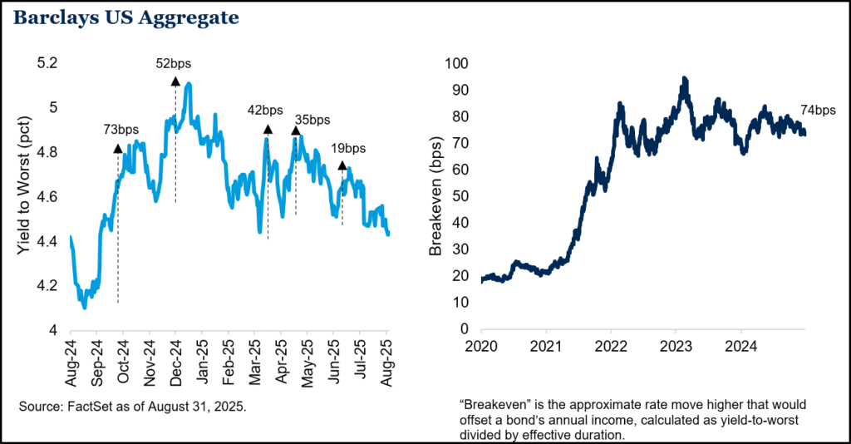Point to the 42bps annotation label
(267, 110)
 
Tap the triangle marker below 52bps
(175, 80)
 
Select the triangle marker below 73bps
(118, 148)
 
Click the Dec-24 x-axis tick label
(176, 362)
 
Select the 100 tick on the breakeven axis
(459, 63)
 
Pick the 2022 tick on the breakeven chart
(611, 344)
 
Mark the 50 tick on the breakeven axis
(462, 196)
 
